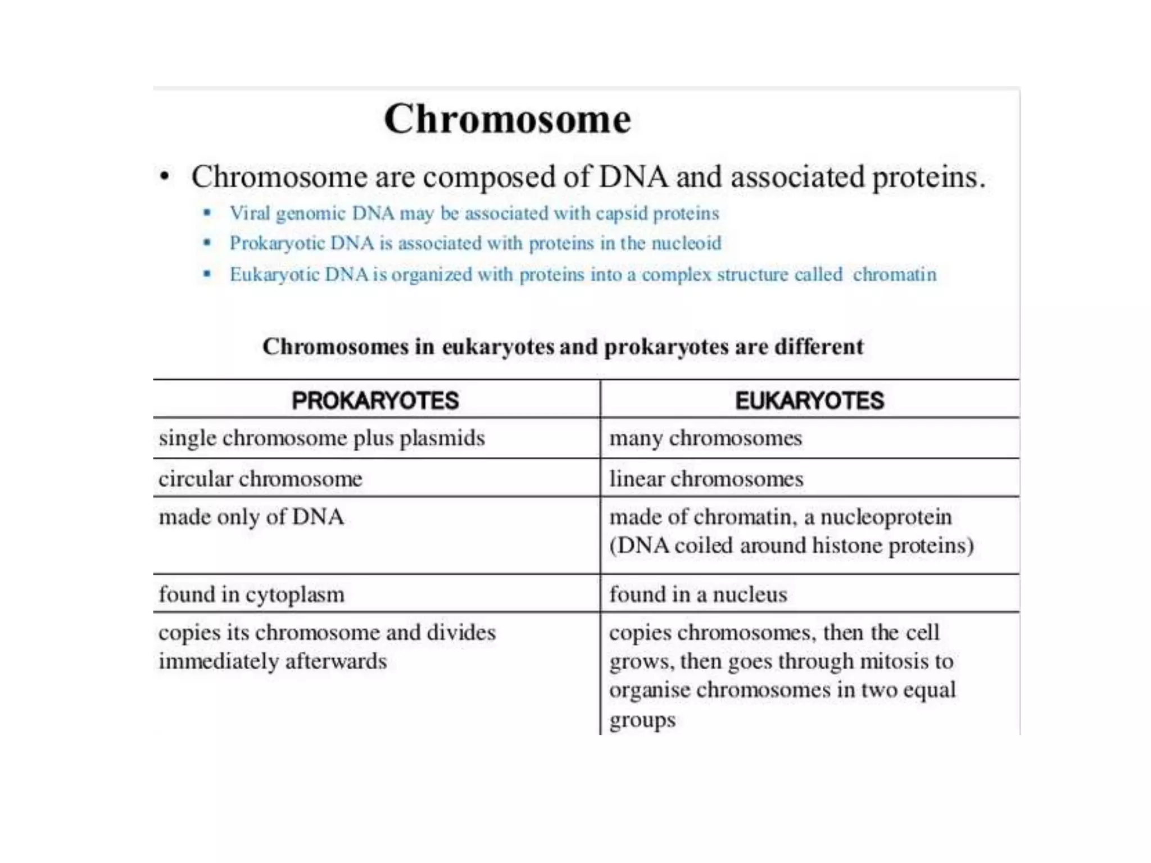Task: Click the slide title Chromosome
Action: [x=507, y=119]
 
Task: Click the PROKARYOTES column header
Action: [x=375, y=401]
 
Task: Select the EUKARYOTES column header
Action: [x=809, y=401]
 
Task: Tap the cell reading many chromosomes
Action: [x=705, y=438]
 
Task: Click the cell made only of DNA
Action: [x=251, y=517]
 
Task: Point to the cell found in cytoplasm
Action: [x=251, y=594]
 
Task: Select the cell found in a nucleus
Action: [x=698, y=594]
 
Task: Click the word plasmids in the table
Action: [x=442, y=438]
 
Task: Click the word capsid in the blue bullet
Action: [x=622, y=214]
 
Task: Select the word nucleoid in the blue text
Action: [x=686, y=243]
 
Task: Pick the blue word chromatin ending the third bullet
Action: [x=895, y=275]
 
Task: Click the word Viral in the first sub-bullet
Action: [x=250, y=214]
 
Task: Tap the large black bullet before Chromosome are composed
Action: [x=164, y=177]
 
